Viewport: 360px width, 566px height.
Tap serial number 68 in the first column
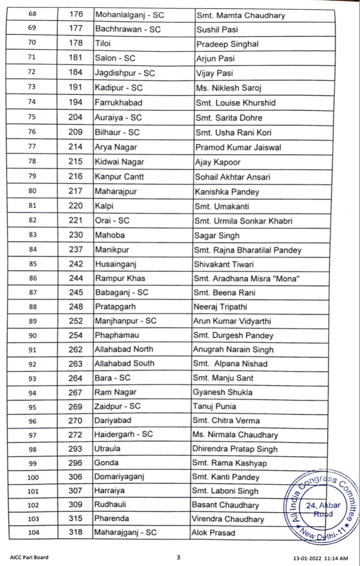[x=32, y=15]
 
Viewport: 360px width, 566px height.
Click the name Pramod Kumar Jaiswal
[x=238, y=147]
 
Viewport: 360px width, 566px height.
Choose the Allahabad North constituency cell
[x=123, y=349]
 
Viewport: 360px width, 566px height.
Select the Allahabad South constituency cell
[x=124, y=363]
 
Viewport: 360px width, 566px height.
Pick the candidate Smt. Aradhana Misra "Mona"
[x=247, y=278]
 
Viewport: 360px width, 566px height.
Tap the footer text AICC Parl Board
[x=29, y=557]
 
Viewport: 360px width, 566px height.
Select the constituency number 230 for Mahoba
[x=75, y=235]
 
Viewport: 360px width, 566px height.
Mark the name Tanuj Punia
[x=215, y=406]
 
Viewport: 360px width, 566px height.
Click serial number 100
[x=33, y=477]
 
